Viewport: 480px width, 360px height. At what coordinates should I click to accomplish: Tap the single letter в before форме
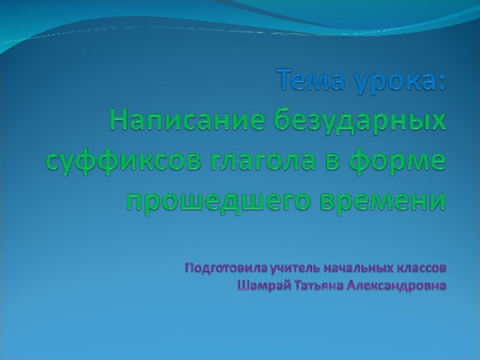pyautogui.click(x=332, y=161)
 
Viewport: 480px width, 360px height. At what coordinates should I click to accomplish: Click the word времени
pyautogui.click(x=383, y=201)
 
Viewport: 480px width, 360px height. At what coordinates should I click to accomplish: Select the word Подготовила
pyautogui.click(x=226, y=268)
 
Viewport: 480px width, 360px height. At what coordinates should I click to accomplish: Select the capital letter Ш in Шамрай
pyautogui.click(x=243, y=286)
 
